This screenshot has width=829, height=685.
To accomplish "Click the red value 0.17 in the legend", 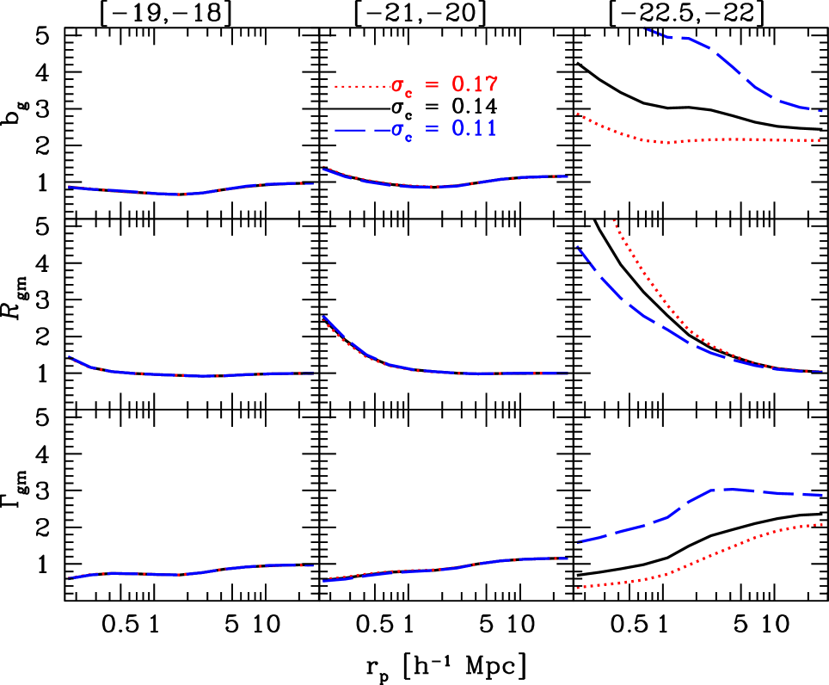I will coord(475,84).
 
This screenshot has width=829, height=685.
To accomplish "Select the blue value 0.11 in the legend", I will coord(474,129).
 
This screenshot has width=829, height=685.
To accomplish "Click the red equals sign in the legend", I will coord(432,85).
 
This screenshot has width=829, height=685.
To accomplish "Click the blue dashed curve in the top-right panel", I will coord(731,65).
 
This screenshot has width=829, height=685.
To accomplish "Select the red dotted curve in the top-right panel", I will coord(731,139).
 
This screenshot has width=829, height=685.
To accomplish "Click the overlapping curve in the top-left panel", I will coord(181,194).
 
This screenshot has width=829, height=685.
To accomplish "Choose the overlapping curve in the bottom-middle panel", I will coord(439,569).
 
